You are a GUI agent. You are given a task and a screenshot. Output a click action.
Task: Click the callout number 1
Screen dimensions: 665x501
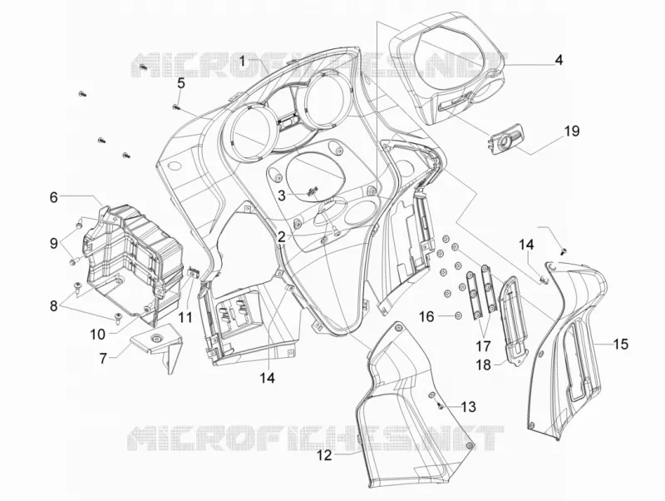click(x=242, y=62)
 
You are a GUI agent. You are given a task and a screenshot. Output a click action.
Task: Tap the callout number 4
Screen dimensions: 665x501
click(x=559, y=60)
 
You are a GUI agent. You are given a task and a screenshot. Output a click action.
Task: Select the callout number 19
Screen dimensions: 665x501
click(x=571, y=131)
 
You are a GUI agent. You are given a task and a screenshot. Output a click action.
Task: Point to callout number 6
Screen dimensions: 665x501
click(x=53, y=197)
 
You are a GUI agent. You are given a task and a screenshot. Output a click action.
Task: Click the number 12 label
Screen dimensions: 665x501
click(x=324, y=456)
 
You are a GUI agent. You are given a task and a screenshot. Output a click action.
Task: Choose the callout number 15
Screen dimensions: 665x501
click(x=620, y=344)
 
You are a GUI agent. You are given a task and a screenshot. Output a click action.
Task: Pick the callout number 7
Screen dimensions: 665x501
click(x=103, y=359)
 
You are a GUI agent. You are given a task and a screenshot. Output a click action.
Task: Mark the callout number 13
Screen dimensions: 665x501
click(x=468, y=407)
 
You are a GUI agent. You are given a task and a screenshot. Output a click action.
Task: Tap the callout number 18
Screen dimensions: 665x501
click(x=483, y=365)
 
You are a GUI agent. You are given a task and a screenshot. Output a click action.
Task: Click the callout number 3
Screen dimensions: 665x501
click(x=283, y=196)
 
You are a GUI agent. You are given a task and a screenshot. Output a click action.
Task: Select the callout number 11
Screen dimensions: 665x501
click(x=185, y=317)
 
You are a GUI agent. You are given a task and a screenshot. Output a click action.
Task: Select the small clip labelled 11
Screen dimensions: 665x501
click(x=193, y=272)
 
